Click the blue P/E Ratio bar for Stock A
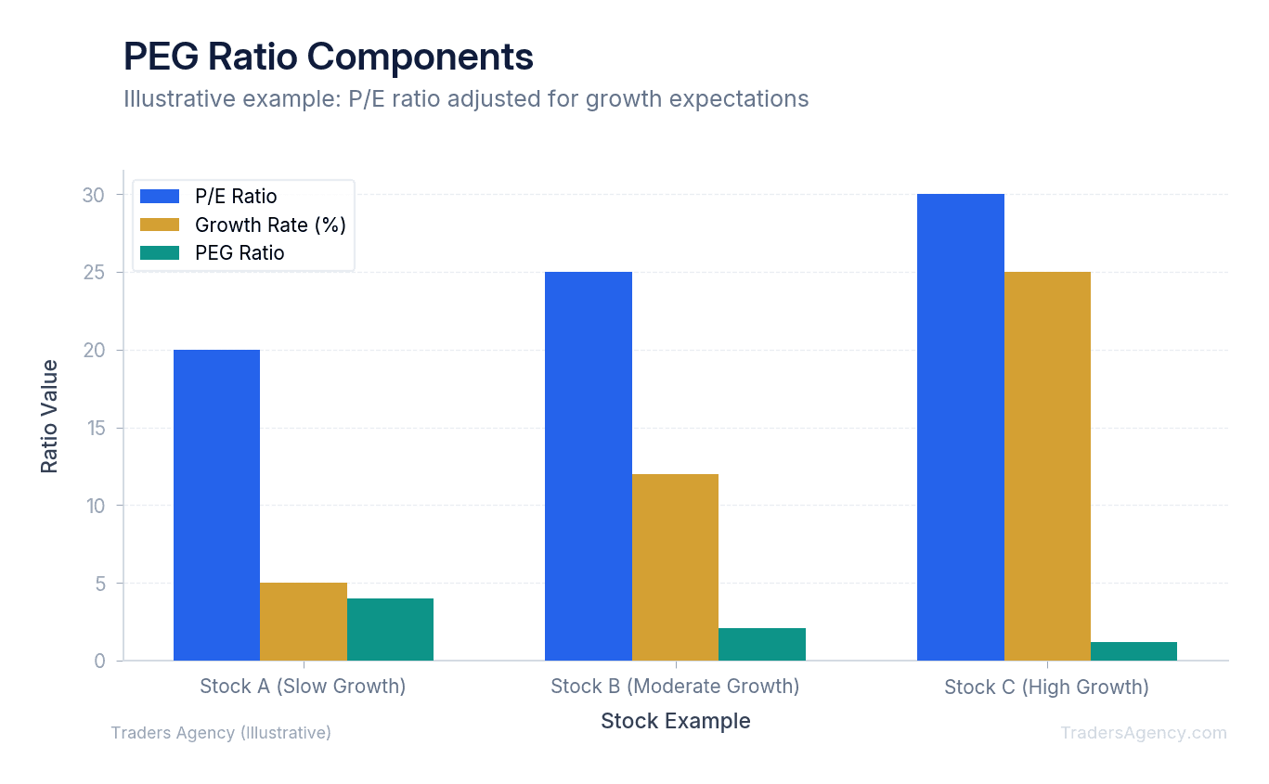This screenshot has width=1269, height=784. tap(216, 505)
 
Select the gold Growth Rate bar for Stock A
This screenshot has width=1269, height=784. tap(304, 622)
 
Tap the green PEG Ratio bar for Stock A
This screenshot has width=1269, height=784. tap(390, 629)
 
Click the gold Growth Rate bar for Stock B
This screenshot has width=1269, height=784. tap(675, 567)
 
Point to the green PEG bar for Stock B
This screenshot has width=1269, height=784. tap(762, 644)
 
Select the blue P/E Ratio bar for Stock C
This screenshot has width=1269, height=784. tap(960, 427)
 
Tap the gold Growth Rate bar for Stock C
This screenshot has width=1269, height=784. tap(1047, 466)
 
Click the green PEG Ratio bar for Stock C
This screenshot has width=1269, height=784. tap(1133, 651)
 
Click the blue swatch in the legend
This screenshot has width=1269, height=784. tap(159, 196)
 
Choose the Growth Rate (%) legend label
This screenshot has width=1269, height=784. tap(270, 225)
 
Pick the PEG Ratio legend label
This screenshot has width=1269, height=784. tap(240, 253)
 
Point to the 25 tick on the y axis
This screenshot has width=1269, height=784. tap(95, 273)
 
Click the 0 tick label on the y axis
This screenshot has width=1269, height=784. tap(99, 662)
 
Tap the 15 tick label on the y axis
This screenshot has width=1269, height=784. tap(95, 429)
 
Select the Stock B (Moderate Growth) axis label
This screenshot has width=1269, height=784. tap(675, 687)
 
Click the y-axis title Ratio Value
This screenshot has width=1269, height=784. tap(49, 416)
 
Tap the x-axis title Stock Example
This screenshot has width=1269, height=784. tap(675, 721)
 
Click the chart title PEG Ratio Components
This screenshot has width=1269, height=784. tap(329, 58)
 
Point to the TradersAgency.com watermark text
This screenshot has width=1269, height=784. tap(1144, 733)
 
